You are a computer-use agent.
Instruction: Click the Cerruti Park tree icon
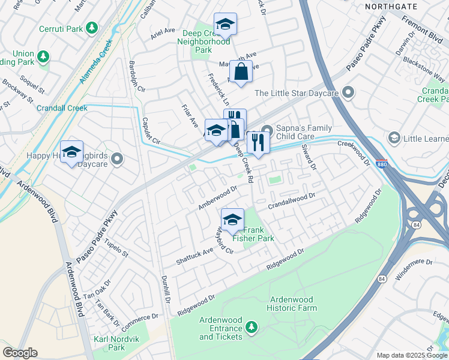[91, 28]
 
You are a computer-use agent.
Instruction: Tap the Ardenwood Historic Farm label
[293, 303]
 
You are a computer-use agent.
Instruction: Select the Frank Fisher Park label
[258, 234]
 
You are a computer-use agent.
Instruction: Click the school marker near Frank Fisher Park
[232, 219]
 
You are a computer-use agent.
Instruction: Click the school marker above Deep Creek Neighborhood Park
[225, 24]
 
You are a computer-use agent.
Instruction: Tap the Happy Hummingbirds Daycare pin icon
[116, 159]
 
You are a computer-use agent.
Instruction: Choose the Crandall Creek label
[62, 109]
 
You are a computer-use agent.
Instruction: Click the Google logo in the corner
[20, 353]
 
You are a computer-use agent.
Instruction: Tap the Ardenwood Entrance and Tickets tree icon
[252, 327]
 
